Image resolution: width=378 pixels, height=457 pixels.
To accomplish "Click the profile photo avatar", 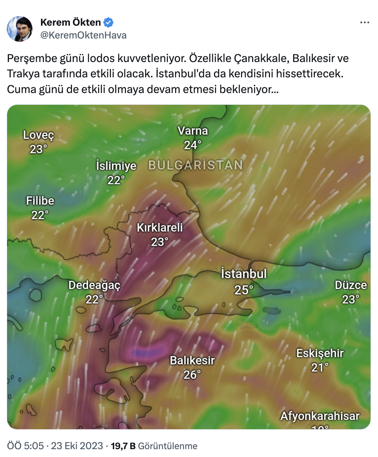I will point(20,29).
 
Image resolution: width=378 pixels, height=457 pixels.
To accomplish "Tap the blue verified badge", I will point(108,22).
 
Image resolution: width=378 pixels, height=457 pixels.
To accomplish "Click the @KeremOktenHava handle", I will point(83,35).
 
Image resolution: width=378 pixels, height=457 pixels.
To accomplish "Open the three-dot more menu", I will point(364,23).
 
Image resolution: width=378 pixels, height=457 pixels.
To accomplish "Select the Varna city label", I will point(193,131).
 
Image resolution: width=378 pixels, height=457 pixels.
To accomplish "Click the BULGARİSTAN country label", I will point(195,165).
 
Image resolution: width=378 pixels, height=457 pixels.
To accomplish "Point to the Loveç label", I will point(39,135).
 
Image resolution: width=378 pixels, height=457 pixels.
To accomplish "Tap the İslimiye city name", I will point(116,166).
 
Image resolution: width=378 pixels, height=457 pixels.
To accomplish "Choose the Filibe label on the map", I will point(40,201).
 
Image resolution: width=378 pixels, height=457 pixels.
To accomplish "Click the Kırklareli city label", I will point(160,227).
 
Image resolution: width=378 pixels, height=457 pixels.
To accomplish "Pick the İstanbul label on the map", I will point(244,274).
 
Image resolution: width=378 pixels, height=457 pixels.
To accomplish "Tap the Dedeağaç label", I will point(94,285).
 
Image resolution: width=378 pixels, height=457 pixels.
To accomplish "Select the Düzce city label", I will point(351,285).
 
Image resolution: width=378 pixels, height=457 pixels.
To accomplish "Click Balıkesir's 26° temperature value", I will point(192,375).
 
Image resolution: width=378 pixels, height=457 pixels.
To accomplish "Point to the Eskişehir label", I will point(320,353).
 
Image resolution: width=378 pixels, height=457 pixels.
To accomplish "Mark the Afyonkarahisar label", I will point(320,416).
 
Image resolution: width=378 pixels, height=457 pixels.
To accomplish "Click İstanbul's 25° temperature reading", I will point(244,290).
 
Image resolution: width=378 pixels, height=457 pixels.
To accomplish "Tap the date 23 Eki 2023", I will point(77,446).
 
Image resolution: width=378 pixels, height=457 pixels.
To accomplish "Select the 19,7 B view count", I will point(123,446).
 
